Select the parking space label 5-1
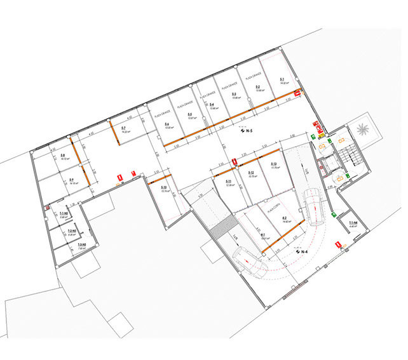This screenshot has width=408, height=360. point(282,80)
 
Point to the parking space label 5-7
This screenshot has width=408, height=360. point(125,129)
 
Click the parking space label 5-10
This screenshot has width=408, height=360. point(163,189)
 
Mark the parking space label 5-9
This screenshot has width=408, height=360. point(72,180)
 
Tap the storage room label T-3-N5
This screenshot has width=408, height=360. point(81,245)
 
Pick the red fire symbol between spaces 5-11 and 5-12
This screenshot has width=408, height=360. point(233,162)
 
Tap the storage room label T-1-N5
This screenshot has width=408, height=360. point(62,215)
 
